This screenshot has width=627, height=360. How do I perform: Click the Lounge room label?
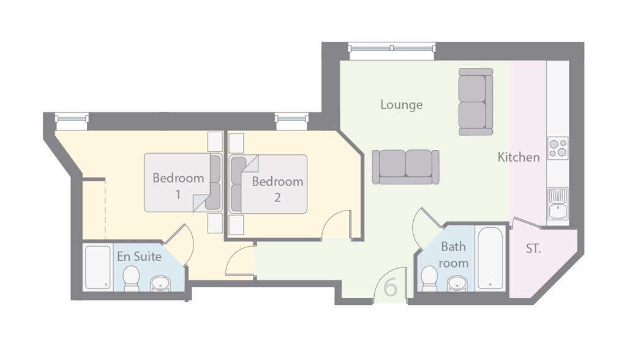coord(401,105)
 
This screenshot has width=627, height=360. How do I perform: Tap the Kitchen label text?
coord(519,157)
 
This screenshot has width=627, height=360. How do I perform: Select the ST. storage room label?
coord(533,249)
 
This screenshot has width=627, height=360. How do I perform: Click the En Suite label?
coord(139,256)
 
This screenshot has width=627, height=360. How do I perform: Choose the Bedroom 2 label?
coord(277,189)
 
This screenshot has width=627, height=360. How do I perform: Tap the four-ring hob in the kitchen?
coord(558,148)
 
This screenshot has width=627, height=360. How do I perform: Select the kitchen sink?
coord(558,203)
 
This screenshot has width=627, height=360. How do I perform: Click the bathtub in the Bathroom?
coord(490,258)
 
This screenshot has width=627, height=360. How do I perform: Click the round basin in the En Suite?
coord(160,283)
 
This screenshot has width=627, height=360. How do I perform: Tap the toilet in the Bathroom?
coord(430,279)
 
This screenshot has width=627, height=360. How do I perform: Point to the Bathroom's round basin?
coord(457,284)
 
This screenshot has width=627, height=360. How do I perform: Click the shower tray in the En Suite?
coord(97,267)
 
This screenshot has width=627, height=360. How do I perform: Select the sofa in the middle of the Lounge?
coord(406,167)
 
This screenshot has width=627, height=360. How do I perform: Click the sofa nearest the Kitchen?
coord(476,102)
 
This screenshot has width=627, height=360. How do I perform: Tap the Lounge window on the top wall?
coord(391,48)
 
